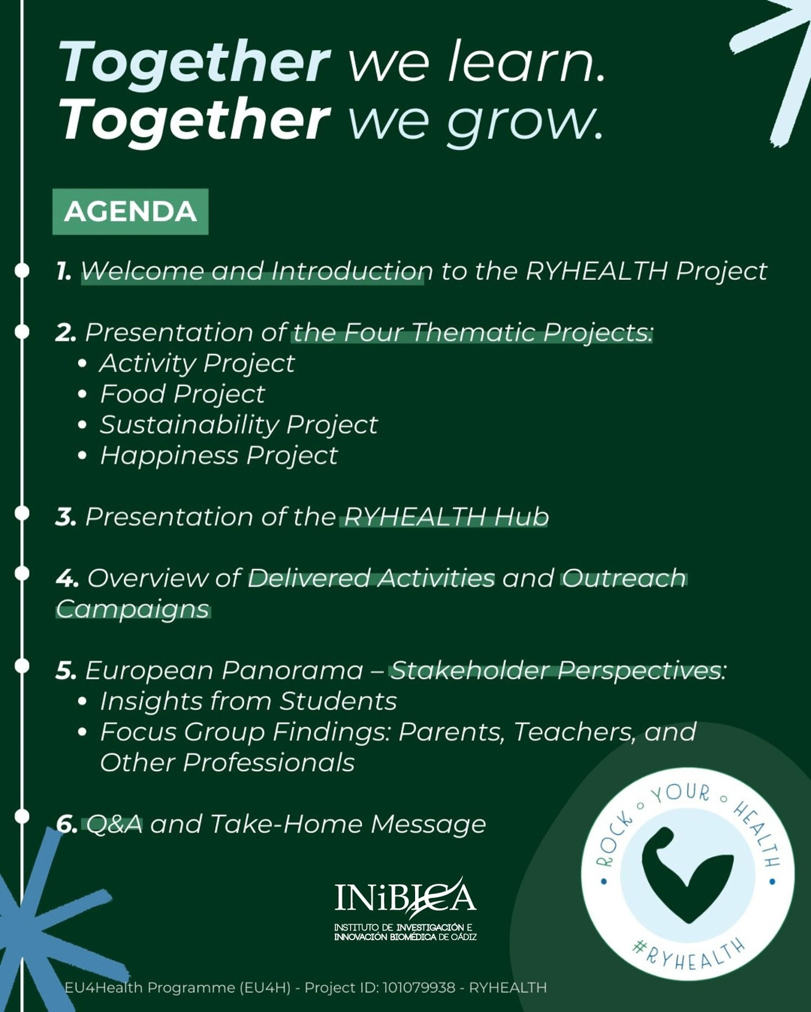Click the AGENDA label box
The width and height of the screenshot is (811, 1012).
(x=130, y=212)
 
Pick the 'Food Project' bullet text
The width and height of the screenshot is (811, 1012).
(x=182, y=395)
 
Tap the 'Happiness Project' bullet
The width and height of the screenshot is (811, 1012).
(x=219, y=456)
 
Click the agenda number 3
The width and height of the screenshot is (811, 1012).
(x=66, y=517)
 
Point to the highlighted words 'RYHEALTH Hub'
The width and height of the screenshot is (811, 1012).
(x=445, y=517)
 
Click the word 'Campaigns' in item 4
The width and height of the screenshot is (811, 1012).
(x=133, y=609)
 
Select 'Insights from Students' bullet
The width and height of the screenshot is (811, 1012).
(x=248, y=701)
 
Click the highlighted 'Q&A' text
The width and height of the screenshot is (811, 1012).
(x=114, y=825)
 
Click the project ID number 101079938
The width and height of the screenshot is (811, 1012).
(x=419, y=988)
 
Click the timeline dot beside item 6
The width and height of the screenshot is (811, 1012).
(x=21, y=817)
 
